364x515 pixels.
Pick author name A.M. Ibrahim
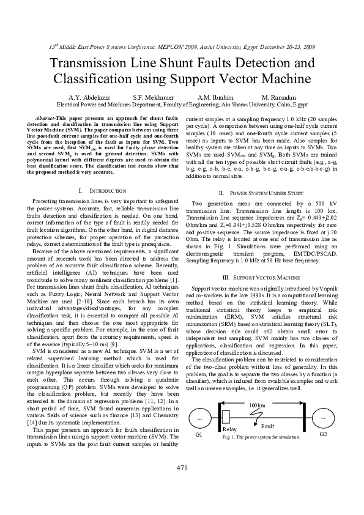tap(215, 97)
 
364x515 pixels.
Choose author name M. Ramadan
tap(279, 97)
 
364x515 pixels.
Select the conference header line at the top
tap(182, 46)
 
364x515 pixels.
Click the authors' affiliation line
tap(182, 105)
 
